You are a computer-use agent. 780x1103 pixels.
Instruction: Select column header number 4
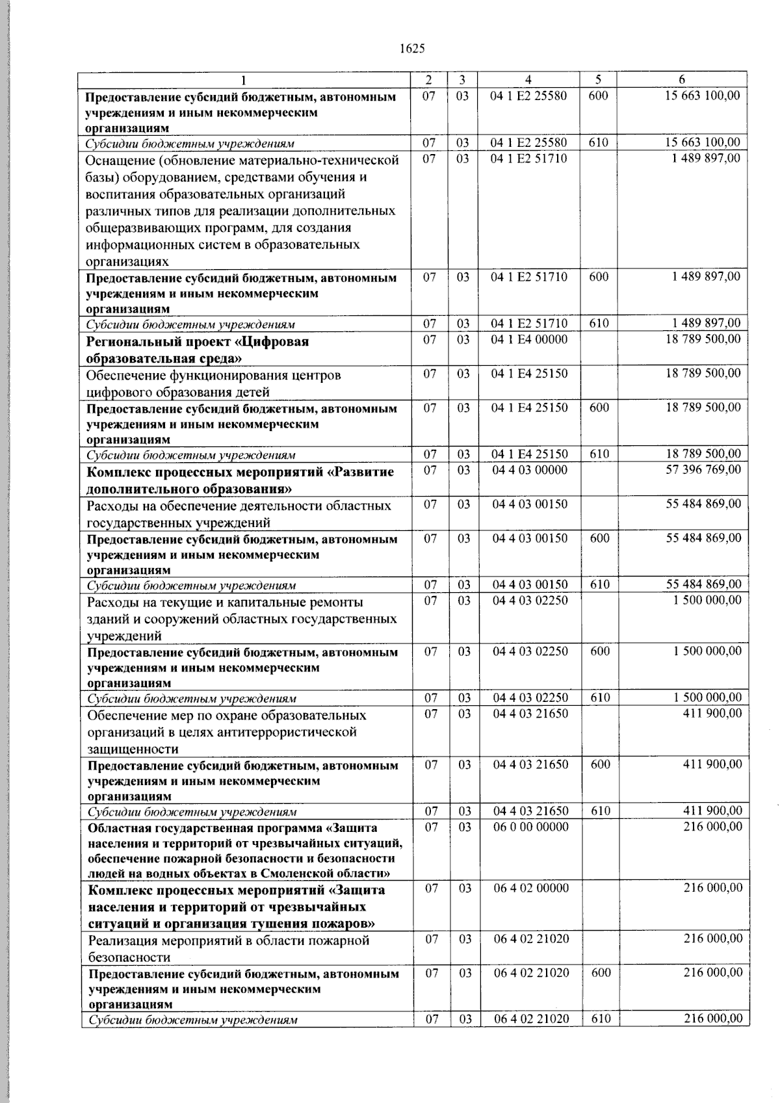528,79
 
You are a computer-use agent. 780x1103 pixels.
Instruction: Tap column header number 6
682,79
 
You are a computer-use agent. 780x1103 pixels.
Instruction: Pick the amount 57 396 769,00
703,470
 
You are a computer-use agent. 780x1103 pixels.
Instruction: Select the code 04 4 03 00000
529,470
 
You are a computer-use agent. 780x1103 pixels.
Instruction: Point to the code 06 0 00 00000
530,827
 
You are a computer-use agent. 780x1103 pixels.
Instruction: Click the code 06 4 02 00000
530,889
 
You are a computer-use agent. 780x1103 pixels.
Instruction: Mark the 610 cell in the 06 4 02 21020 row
601,1019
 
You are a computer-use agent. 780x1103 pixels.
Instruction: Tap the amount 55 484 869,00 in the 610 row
703,584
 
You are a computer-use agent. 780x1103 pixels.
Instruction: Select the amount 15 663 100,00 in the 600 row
702,96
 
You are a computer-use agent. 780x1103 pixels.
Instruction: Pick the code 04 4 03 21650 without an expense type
530,714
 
